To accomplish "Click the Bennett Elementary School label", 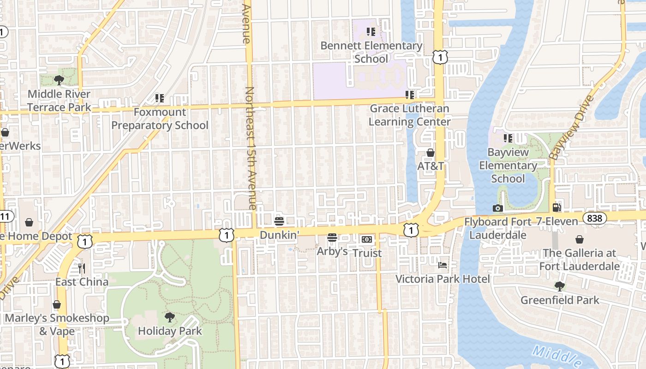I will click(371, 52).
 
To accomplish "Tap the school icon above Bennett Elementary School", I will click(371, 32).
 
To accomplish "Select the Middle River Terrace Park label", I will click(59, 101).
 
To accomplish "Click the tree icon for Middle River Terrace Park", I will click(59, 80).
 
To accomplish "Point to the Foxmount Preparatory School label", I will click(160, 119).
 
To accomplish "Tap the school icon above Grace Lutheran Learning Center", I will click(410, 95).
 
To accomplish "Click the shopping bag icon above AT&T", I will click(431, 152).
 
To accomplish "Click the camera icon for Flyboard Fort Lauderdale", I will click(497, 208).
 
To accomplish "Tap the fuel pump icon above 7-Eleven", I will click(557, 208).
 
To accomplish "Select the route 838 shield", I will click(594, 218).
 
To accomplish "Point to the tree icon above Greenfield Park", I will click(560, 286).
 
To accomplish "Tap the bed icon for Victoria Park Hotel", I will click(443, 265).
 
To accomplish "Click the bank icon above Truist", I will click(367, 239).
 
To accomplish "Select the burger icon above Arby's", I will click(332, 238).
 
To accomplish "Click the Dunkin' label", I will click(279, 235).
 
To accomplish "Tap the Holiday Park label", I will click(170, 331).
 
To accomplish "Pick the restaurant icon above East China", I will click(82, 268).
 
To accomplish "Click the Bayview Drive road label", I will click(571, 128).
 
